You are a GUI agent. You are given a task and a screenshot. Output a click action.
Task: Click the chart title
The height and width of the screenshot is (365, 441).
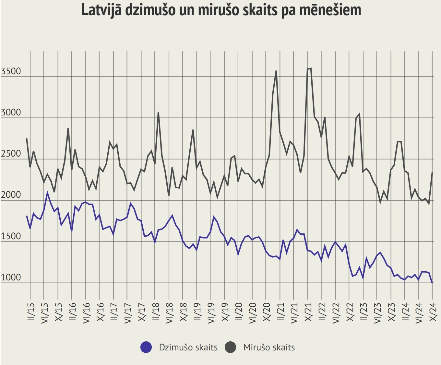coord(221,10)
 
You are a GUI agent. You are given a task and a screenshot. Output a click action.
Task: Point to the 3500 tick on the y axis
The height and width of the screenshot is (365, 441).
coord(11,71)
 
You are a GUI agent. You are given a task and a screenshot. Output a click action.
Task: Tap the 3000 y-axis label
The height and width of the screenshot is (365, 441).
coord(11,112)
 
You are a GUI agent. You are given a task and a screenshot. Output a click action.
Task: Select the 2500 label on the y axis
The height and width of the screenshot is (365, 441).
coord(11,154)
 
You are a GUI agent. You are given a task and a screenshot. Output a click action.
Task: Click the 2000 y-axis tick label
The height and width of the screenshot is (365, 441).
coord(11,195)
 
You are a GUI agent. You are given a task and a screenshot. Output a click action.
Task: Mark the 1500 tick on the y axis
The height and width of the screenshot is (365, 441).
coord(11,236)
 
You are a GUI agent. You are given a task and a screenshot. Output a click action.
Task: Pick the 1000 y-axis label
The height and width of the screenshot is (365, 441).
coord(11,277)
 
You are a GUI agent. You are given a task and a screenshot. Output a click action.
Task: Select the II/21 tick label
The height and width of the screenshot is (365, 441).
coord(280,312)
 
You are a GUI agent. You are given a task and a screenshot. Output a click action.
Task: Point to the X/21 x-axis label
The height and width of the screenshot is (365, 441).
coord(308,312)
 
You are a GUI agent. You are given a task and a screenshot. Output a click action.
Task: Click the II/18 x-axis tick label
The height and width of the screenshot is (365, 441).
coord(156,312)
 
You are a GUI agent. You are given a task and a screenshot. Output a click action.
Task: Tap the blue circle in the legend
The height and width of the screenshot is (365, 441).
coord(146,347)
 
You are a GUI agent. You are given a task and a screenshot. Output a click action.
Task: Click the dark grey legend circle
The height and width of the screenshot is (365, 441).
coord(230,347)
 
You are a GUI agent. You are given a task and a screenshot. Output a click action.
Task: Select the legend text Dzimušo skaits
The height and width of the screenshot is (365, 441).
coord(188,347)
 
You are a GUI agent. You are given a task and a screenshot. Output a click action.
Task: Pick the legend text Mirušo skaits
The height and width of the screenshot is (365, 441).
coord(269,347)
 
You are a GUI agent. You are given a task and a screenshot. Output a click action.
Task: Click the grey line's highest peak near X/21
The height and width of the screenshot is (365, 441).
coord(311,68)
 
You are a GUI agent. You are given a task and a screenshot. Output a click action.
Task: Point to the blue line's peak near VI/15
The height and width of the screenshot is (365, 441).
coord(47,193)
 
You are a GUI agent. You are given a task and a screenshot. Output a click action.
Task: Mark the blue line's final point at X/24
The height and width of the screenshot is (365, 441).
coord(432,283)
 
